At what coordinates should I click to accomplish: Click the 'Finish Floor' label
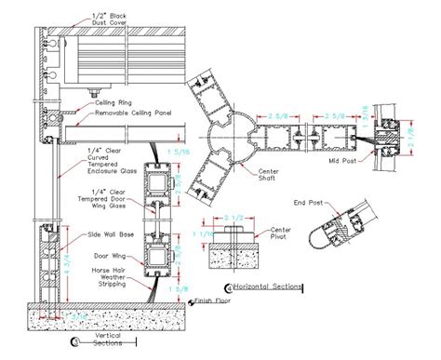[x=214, y=300]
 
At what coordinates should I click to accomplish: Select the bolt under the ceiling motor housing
[x=96, y=92]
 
